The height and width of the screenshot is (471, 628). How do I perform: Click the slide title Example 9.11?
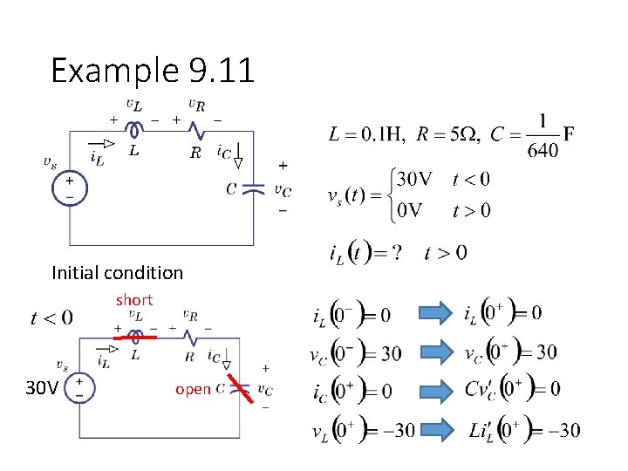pyautogui.click(x=153, y=70)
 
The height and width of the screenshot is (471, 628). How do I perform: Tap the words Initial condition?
pyautogui.click(x=118, y=272)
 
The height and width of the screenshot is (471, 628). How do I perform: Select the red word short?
pyautogui.click(x=134, y=299)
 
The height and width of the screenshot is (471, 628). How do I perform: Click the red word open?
pyautogui.click(x=193, y=389)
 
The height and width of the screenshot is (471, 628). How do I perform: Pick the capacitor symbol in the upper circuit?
pyautogui.click(x=252, y=188)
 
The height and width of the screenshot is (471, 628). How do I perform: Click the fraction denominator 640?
pyautogui.click(x=543, y=150)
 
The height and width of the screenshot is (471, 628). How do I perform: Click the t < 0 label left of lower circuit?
pyautogui.click(x=52, y=317)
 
